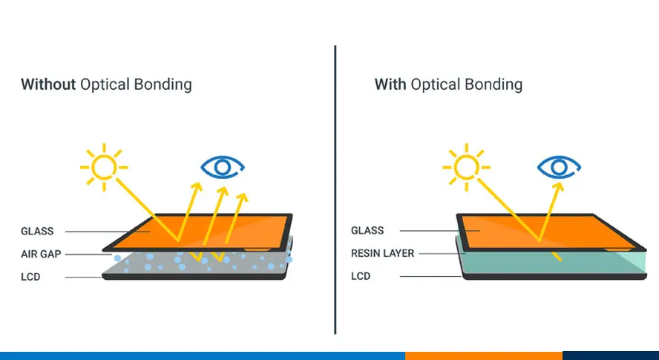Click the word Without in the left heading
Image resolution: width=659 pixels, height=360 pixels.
[x=48, y=84]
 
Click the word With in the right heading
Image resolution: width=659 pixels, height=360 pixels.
[x=390, y=84]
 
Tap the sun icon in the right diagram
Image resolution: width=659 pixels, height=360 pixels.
[x=465, y=165]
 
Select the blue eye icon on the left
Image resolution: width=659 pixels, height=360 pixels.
[x=221, y=166]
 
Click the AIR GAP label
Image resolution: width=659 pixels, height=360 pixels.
[x=41, y=254]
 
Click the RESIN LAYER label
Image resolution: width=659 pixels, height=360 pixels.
[x=383, y=254]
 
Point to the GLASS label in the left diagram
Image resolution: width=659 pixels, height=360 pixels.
[x=37, y=231]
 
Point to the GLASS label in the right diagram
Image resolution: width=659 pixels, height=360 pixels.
[x=367, y=231]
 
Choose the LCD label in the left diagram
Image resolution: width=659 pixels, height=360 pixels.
[x=31, y=277]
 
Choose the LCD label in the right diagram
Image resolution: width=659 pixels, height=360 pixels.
[x=361, y=277]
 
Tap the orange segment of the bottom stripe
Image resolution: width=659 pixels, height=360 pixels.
[x=483, y=356]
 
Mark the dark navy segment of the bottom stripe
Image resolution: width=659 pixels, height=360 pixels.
[x=610, y=356]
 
